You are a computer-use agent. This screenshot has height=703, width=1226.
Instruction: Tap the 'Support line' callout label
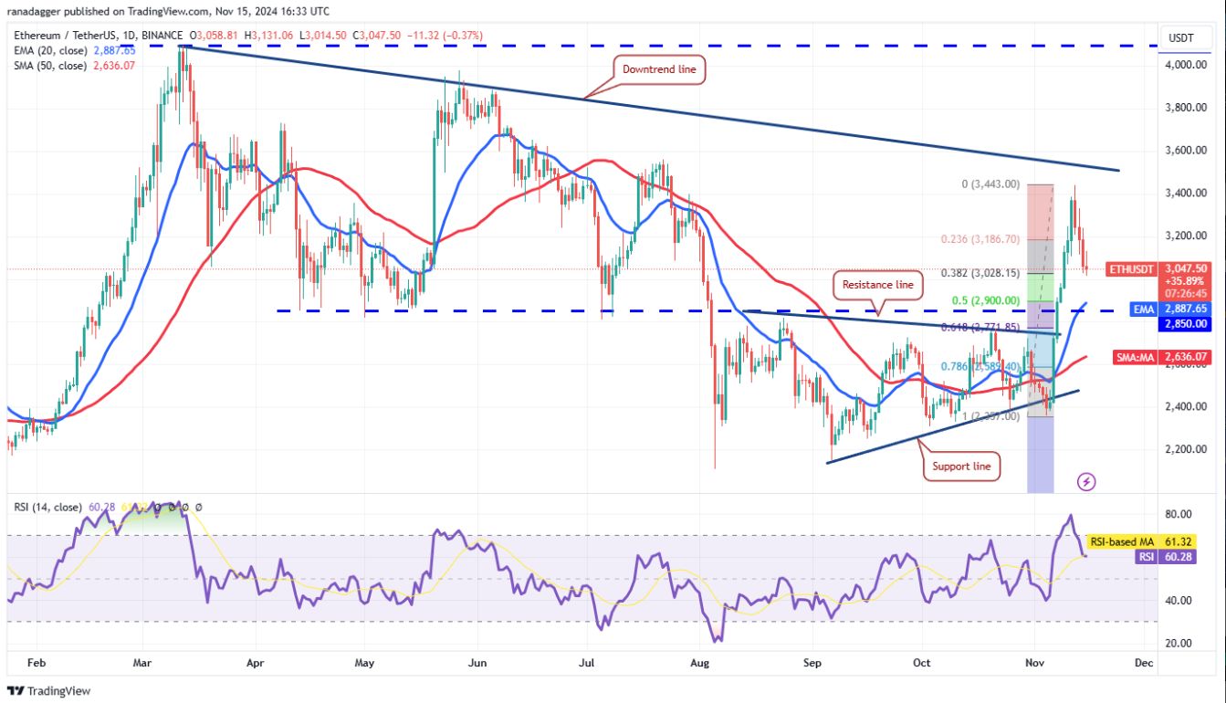click(x=961, y=467)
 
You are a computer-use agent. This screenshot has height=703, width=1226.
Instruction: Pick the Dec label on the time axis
click(x=1143, y=663)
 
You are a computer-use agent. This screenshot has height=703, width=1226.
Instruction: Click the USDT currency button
click(x=1182, y=38)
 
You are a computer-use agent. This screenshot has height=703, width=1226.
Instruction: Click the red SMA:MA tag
click(x=1138, y=357)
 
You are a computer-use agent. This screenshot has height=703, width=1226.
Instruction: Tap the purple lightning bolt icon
click(x=1086, y=480)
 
